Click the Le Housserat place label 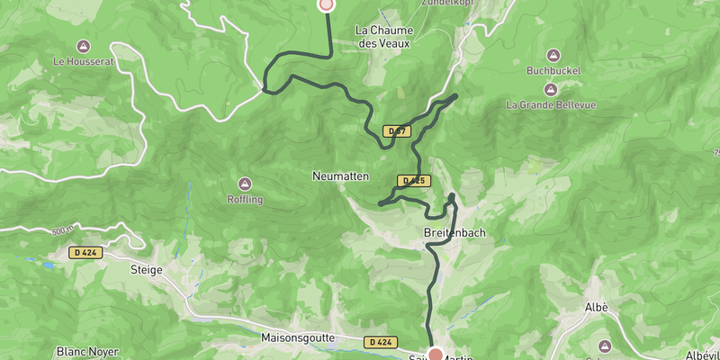pos(83,62)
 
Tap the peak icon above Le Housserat pos(83,46)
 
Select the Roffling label pos(245,199)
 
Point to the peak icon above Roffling pos(245,183)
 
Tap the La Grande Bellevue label pos(550,104)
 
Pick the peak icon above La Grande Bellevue pos(550,88)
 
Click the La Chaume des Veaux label pos(384,35)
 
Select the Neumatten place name pos(341,176)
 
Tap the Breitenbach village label pos(454,233)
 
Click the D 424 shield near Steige pos(85,253)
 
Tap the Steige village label pos(146,269)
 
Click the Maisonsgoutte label pos(298,338)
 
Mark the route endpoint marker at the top pos(327,4)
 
